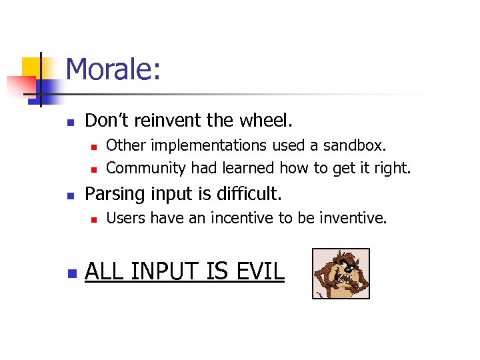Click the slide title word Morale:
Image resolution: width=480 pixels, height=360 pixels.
pyautogui.click(x=113, y=70)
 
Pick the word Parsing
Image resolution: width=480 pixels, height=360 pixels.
pyautogui.click(x=113, y=194)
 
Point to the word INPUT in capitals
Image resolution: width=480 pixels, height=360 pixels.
pyautogui.click(x=169, y=271)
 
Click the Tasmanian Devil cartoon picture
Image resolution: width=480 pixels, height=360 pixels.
pyautogui.click(x=341, y=273)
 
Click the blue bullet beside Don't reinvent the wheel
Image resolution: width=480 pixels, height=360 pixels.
pyautogui.click(x=71, y=122)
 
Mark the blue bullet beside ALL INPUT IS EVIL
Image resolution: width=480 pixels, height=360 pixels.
pyautogui.click(x=71, y=273)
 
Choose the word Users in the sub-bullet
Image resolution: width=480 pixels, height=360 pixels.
pyautogui.click(x=126, y=217)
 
